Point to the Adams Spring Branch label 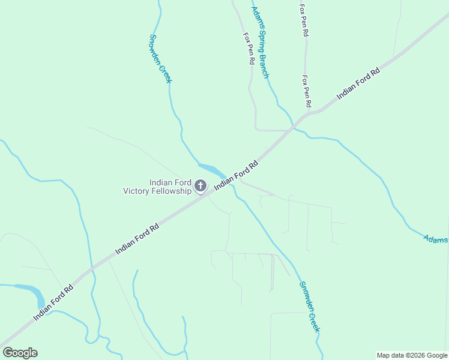[260, 42]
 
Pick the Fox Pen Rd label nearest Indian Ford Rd [307, 91]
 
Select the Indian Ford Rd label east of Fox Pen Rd [358, 83]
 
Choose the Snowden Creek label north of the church [160, 59]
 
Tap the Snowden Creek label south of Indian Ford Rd [310, 307]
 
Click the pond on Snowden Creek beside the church [211, 170]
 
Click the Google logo [20, 353]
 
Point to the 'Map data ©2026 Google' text [412, 355]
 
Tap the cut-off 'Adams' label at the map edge [436, 239]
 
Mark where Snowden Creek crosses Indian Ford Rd [230, 179]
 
